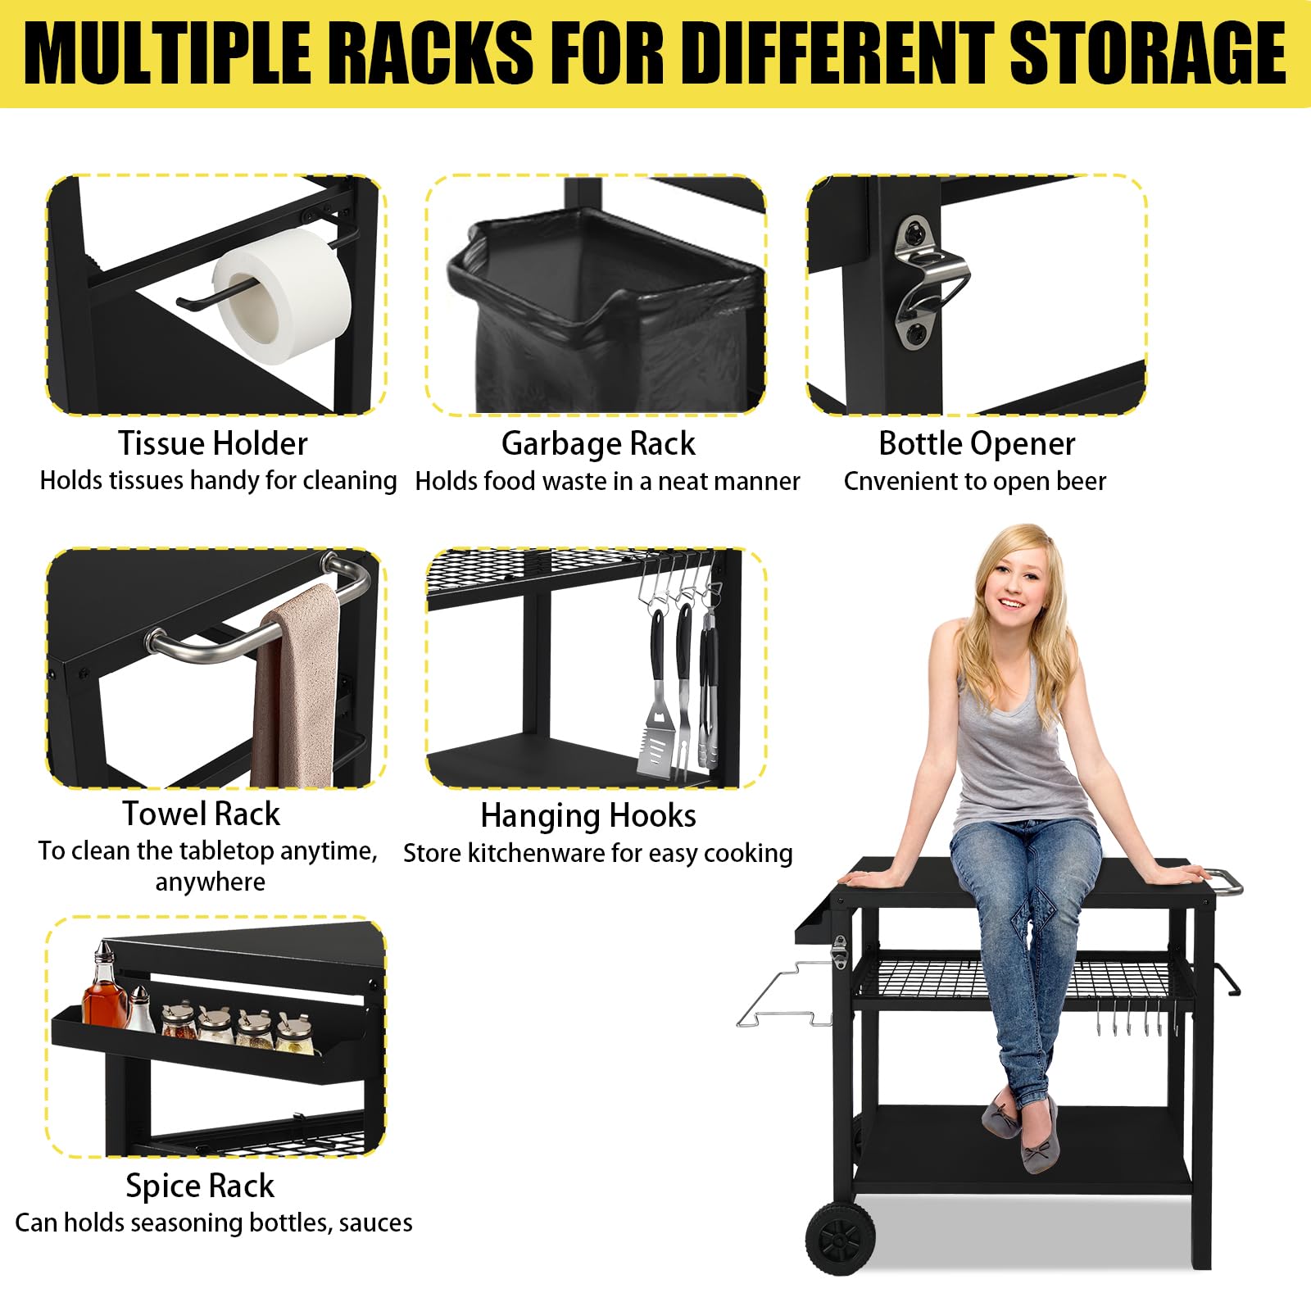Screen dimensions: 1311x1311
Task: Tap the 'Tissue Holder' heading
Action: [x=213, y=443]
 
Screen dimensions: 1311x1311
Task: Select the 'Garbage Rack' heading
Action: [x=598, y=443]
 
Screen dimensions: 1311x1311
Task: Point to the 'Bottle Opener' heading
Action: [x=977, y=443]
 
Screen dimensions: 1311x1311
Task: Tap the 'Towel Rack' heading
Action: [x=202, y=814]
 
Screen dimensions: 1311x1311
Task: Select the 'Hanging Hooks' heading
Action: [x=588, y=815]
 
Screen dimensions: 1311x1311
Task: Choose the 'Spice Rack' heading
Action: [x=200, y=1186]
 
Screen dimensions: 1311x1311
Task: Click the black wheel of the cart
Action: [x=840, y=1238]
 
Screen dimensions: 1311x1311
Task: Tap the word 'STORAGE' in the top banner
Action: [x=1147, y=53]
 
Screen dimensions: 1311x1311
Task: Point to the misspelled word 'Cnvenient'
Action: [x=898, y=481]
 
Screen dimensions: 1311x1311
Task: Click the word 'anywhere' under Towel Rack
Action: [x=211, y=882]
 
